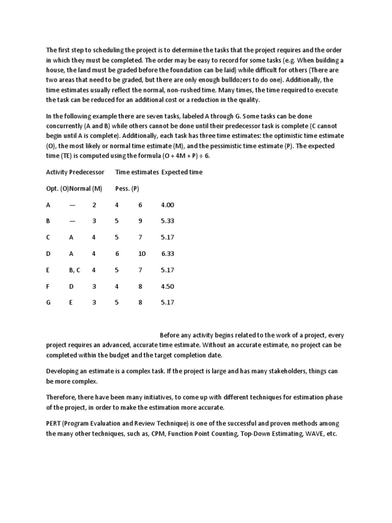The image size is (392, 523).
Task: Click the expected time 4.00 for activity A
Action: pos(167,205)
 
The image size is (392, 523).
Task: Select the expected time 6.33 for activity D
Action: pos(168,253)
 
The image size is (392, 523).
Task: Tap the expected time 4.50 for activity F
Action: pos(167,286)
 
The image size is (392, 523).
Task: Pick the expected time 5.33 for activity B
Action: pos(167,221)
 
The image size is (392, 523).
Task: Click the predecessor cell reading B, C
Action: pos(75,270)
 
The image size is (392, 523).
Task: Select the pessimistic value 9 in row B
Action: pos(140,221)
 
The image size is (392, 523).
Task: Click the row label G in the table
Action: pos(48,302)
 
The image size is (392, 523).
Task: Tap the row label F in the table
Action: pos(48,286)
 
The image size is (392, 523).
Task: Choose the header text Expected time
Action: pos(182,172)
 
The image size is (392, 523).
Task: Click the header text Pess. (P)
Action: pos(127,188)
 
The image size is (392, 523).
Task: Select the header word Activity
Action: pos(57,172)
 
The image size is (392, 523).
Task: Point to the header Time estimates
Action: pos(137,172)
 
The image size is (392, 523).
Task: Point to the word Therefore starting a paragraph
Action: pos(63,397)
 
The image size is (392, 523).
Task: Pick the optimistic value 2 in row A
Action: pos(94,205)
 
